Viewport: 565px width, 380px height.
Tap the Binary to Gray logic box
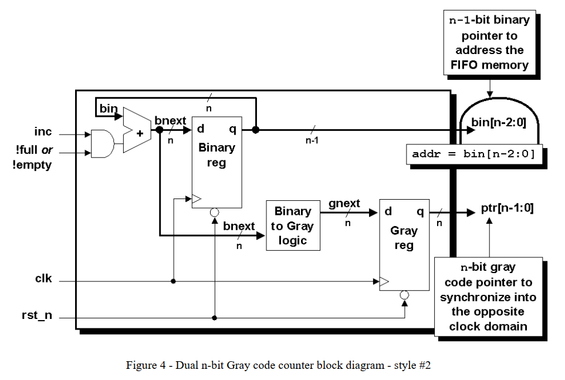tap(293, 226)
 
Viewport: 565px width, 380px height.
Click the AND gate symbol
tap(103, 143)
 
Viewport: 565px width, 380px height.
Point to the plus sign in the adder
tap(140, 133)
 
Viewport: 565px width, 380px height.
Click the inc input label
tap(43, 132)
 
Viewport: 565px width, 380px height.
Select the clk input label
tap(43, 278)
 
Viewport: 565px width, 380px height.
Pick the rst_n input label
tap(37, 315)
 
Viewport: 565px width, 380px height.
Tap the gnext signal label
tap(344, 204)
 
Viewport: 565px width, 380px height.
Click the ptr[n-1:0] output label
tap(507, 209)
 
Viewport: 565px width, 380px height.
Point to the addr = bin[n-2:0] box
tap(473, 154)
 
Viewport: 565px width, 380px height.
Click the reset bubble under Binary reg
tap(215, 213)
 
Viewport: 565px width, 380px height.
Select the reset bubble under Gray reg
tap(404, 295)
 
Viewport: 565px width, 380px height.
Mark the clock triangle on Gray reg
tap(384, 282)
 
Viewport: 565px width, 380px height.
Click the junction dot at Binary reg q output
tap(255, 129)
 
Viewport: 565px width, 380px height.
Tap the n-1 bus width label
tap(312, 141)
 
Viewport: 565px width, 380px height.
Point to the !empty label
tap(32, 165)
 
